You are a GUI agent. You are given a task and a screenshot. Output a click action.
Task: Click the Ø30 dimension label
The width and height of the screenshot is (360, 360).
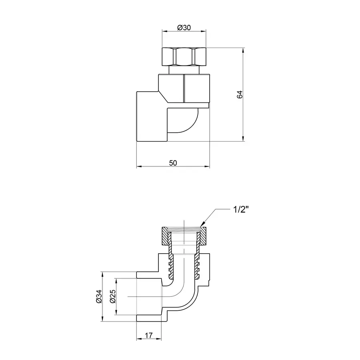pyautogui.click(x=184, y=28)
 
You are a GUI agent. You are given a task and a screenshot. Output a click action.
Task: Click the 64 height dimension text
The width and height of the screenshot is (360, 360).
pyautogui.click(x=240, y=95)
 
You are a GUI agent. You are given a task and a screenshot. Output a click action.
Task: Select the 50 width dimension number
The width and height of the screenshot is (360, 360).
pyautogui.click(x=173, y=162)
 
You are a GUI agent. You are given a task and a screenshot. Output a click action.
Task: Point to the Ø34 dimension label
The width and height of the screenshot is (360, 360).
pyautogui.click(x=98, y=296)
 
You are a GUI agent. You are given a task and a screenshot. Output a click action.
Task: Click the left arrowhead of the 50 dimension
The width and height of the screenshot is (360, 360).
pyautogui.click(x=138, y=166)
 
